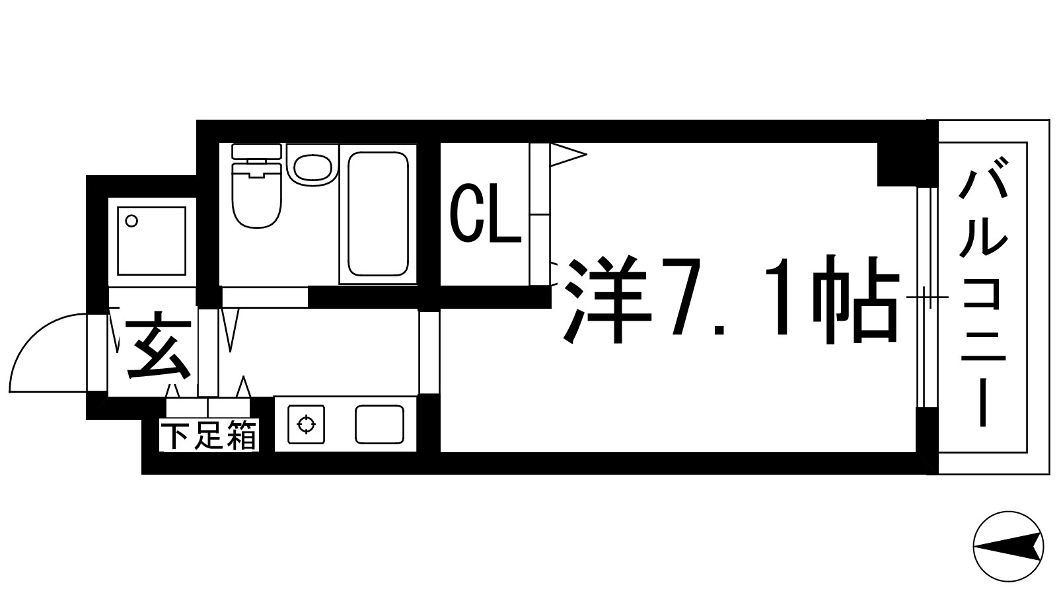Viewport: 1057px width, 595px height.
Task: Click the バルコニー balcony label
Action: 983,297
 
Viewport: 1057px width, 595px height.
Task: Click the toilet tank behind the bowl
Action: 257,151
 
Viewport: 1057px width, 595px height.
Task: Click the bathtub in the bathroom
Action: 378,214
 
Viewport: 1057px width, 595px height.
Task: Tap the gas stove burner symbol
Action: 307,424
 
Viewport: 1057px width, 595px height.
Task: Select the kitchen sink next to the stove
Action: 379,424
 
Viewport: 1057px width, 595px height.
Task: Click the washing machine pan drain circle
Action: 131,221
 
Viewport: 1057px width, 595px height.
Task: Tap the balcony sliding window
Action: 927,297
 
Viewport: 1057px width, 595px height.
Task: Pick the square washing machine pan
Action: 151,241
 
